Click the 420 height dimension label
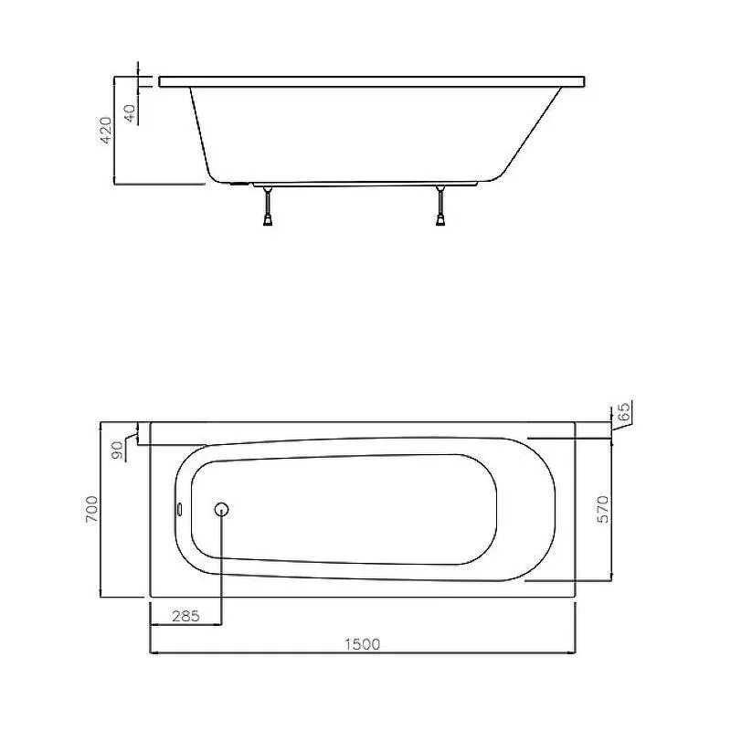point(106,130)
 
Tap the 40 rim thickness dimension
point(129,113)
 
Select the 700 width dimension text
point(92,509)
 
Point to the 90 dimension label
point(118,450)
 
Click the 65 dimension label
point(624,410)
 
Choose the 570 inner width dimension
point(603,509)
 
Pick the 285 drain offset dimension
point(185,616)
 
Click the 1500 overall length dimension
point(362,644)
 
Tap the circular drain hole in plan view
point(221,510)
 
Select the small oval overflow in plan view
point(179,510)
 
